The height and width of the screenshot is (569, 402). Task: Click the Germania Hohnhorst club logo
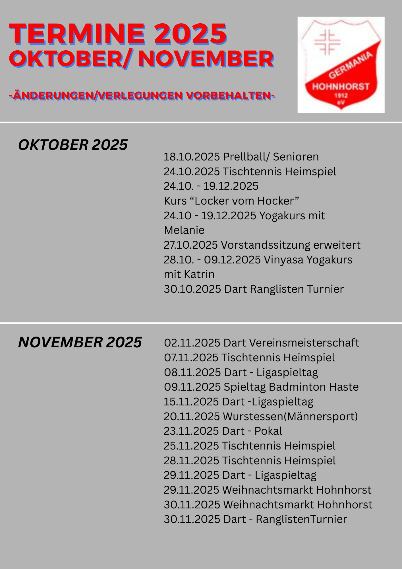click(x=341, y=65)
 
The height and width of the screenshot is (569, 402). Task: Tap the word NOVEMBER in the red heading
click(x=206, y=59)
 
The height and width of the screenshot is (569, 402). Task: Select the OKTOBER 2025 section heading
click(x=73, y=145)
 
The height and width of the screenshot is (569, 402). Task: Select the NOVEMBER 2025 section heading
click(x=80, y=342)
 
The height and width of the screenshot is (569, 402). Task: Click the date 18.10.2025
click(x=192, y=157)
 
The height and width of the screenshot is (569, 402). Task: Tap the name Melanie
click(x=184, y=230)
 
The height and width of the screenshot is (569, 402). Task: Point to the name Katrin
click(x=199, y=274)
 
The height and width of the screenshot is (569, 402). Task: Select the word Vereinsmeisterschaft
click(x=291, y=343)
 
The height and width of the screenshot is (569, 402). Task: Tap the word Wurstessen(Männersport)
click(x=290, y=417)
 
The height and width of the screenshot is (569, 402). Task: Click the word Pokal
click(x=268, y=431)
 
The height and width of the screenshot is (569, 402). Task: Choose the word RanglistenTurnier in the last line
click(x=301, y=519)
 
